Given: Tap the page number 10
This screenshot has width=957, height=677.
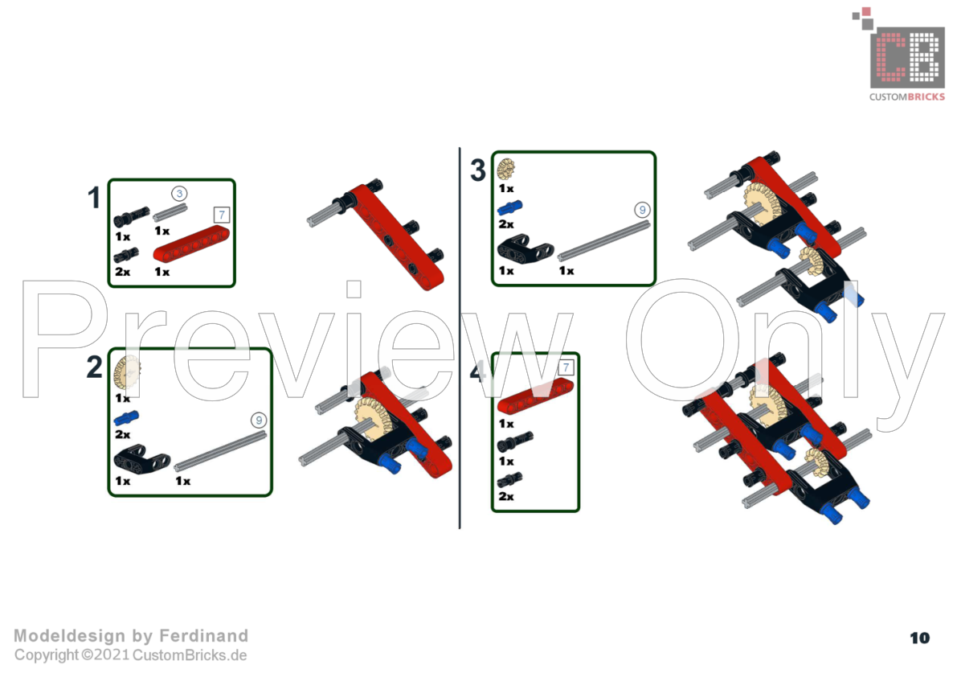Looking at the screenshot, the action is coord(920,638).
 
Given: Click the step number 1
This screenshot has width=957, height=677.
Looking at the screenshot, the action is coord(93,198).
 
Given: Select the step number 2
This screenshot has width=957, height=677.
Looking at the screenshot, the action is coord(94,367).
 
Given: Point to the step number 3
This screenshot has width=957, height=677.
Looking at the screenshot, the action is coord(478,170).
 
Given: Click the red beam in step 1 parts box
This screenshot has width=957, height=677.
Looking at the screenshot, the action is coord(191,244).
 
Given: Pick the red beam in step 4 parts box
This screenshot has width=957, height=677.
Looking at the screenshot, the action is coord(535,396).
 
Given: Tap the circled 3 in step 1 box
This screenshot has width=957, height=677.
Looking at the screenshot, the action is coord(179,194).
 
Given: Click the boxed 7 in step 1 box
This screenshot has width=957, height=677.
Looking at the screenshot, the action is coord(222,215).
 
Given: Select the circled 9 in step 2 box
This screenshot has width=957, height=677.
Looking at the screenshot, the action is coord(259,420).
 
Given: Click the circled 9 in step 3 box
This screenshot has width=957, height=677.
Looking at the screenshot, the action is coord(642,210).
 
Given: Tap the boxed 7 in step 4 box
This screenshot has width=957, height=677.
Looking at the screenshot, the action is coord(566,367).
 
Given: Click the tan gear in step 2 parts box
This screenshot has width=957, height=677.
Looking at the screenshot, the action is coord(127,373).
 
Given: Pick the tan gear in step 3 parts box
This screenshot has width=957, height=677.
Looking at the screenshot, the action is coord(506,169).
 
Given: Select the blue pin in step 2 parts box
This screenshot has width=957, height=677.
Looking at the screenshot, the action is coord(126,418).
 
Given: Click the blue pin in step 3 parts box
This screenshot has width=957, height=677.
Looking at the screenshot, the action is coord(509,208).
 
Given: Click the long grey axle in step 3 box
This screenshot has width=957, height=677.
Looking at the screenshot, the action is coord(603,241).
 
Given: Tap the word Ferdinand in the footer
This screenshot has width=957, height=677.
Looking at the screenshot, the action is coord(204,636).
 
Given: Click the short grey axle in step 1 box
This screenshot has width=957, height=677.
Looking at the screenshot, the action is coord(170,213).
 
